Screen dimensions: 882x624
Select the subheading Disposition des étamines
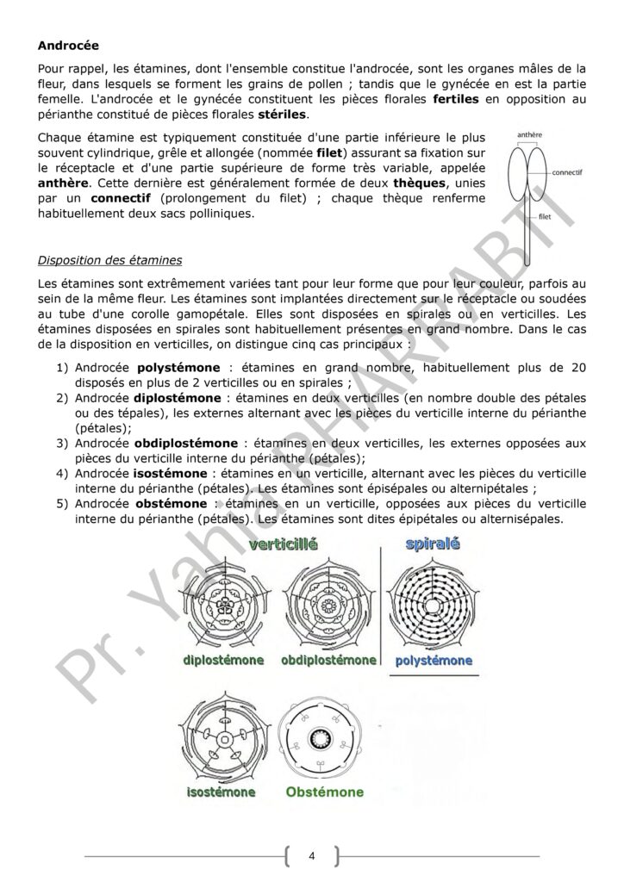(x=110, y=259)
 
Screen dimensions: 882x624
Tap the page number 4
(x=311, y=856)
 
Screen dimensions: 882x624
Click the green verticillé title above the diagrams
(x=284, y=546)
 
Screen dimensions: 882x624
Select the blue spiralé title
(x=433, y=544)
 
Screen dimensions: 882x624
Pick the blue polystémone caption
(x=433, y=661)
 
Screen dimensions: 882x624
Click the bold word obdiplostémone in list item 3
(x=186, y=443)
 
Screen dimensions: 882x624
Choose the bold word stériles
(x=280, y=115)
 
